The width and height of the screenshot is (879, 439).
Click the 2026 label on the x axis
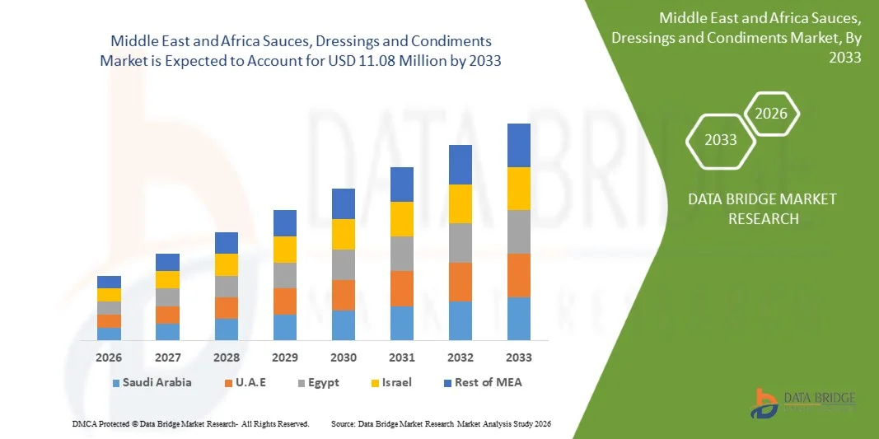coord(109,357)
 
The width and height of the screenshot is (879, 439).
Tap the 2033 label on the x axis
coord(519,357)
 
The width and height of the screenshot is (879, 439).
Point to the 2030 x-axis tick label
coord(344,357)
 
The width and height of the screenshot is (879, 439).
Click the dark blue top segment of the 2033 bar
coord(519,145)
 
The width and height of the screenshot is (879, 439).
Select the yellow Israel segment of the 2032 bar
coord(461,203)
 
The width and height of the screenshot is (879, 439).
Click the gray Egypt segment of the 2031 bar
coord(402,254)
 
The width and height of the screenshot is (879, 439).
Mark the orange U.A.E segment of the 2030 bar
coord(344,295)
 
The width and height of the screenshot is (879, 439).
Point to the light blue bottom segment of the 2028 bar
coord(227,329)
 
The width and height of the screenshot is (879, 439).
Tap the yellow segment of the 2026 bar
coord(109,295)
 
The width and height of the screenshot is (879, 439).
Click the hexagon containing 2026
coord(772,114)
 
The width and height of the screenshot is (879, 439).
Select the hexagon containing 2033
coord(721,139)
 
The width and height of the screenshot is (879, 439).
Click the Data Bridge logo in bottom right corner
coord(803,403)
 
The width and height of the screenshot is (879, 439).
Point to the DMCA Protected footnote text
coord(189,423)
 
